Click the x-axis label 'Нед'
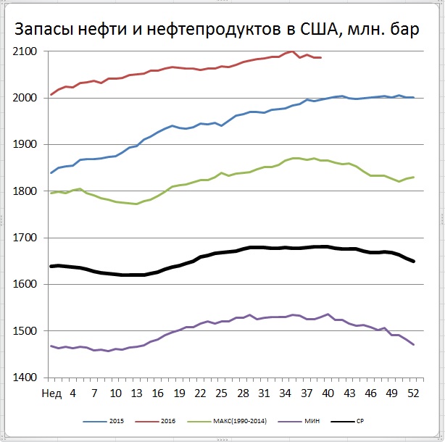(51, 394)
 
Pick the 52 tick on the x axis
(414, 394)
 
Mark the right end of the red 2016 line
(321, 57)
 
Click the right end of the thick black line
(414, 261)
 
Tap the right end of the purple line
(414, 344)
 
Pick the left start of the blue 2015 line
(51, 172)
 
